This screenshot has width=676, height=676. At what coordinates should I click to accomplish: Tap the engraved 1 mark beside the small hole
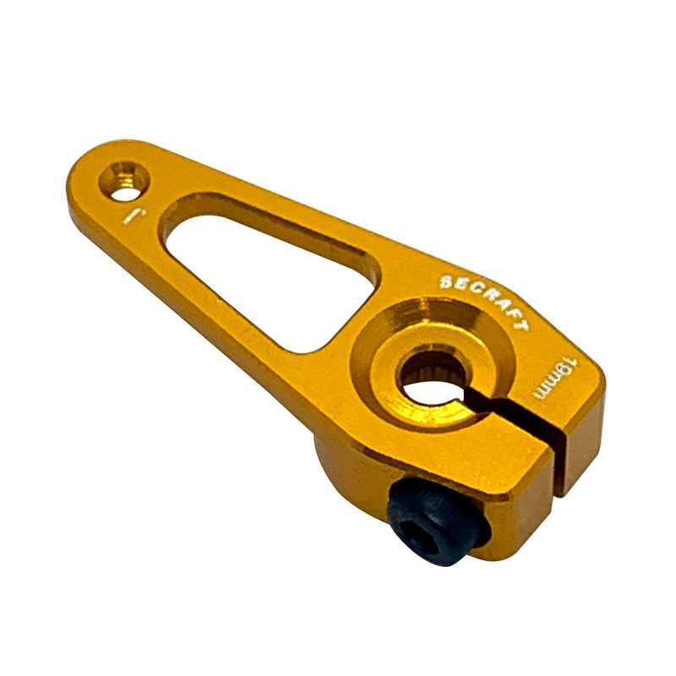point(129,215)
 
